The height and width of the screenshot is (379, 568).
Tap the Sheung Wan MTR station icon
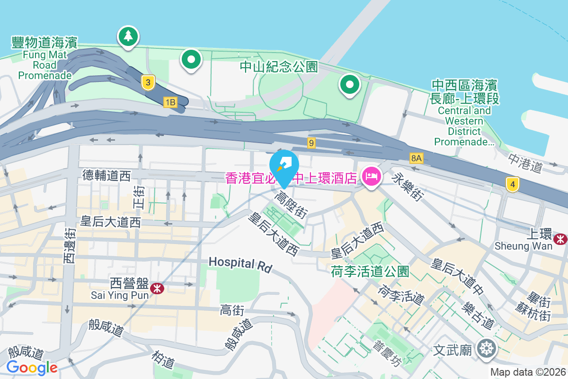coord(561,239)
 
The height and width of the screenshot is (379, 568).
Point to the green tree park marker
coord(128,36)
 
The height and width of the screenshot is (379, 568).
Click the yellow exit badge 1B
coord(170,102)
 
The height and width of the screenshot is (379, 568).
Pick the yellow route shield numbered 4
coord(511,184)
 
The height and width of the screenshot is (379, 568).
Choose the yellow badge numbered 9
coord(311,143)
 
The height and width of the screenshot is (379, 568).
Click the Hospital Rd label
coord(240,264)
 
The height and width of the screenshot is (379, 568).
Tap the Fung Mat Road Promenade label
coord(45,59)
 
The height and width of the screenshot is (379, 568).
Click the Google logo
coord(32,368)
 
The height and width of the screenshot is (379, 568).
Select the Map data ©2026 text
coord(527,372)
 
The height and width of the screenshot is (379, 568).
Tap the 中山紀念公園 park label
coord(278,67)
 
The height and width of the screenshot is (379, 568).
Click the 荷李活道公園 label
coord(370,271)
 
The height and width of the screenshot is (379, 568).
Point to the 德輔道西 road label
coord(106,176)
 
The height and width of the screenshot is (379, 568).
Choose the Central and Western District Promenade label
coord(464,113)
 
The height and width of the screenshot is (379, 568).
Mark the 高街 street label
coord(232,311)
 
